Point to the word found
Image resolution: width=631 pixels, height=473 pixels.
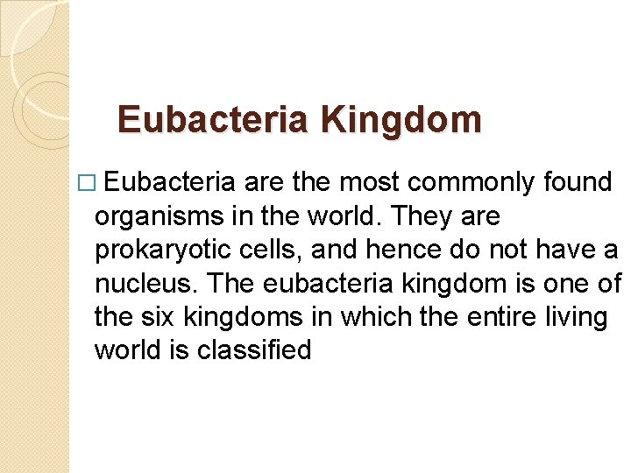click(x=577, y=182)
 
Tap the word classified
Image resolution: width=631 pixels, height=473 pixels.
click(x=254, y=350)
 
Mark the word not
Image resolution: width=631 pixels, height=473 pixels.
click(x=511, y=250)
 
